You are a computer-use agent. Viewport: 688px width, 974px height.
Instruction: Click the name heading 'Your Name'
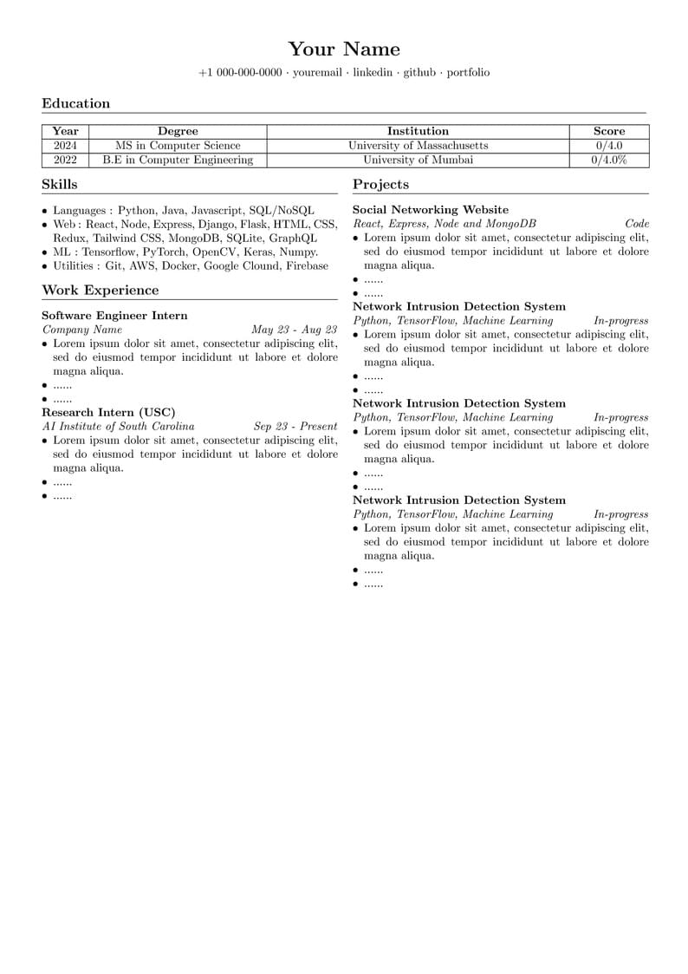[x=344, y=49]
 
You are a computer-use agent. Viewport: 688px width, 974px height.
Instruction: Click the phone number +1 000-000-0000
[x=240, y=73]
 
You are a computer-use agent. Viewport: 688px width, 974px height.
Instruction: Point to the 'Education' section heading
[x=76, y=104]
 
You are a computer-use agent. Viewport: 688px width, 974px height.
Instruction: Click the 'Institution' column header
[x=418, y=132]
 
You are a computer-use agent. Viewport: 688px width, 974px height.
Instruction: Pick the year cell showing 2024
[x=66, y=146]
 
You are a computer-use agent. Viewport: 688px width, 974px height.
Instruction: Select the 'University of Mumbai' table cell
[x=418, y=160]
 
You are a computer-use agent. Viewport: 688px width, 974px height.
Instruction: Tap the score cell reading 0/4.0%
[x=609, y=160]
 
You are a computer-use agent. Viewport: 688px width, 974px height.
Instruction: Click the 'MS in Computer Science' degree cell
[x=178, y=146]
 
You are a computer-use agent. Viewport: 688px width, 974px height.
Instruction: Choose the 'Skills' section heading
[x=60, y=185]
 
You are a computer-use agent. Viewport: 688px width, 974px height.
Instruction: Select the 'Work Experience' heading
[x=101, y=291]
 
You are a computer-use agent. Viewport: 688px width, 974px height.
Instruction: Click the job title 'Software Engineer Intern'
[x=114, y=316]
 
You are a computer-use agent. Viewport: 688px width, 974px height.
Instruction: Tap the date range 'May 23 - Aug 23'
[x=294, y=330]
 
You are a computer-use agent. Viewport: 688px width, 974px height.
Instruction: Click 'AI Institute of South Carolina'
[x=119, y=427]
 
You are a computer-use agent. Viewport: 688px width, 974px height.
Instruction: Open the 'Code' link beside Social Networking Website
[x=637, y=224]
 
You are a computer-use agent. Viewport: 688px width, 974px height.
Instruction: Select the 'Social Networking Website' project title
[x=431, y=210]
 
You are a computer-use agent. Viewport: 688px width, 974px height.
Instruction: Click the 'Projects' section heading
[x=380, y=185]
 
